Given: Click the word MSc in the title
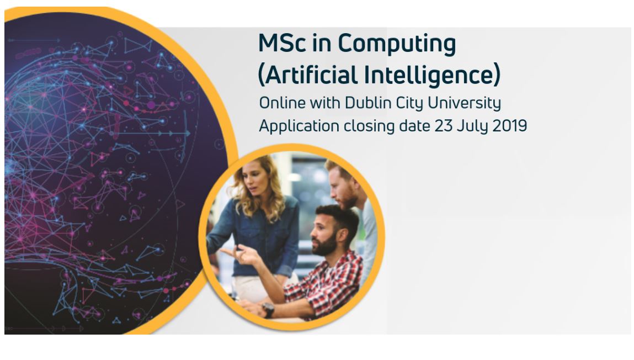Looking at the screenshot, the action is point(282,43).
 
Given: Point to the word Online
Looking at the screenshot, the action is point(282,103).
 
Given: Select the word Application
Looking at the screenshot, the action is point(299,126).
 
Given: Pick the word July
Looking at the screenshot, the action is point(471,126).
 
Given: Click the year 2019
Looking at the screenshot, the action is point(509,126).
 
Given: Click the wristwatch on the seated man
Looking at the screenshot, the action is point(268,310).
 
